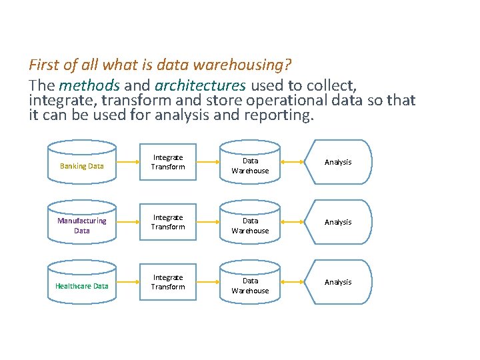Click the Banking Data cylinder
[82, 163]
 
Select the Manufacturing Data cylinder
[82, 223]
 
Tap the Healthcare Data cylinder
[82, 283]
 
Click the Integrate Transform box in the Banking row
[168, 162]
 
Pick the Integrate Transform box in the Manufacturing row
[168, 222]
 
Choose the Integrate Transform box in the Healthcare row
[168, 282]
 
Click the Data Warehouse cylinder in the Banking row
[250, 163]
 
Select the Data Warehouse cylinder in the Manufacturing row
[250, 223]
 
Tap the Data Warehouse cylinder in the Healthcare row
[250, 283]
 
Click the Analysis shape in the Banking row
[338, 162]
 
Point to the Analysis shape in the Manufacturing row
[338, 222]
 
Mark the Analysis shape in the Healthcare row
[338, 282]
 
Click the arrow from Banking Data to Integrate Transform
[127, 162]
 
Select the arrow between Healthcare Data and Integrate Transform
[127, 282]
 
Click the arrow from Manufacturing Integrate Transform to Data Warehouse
[208, 222]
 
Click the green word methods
[89, 85]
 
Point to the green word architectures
[200, 85]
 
